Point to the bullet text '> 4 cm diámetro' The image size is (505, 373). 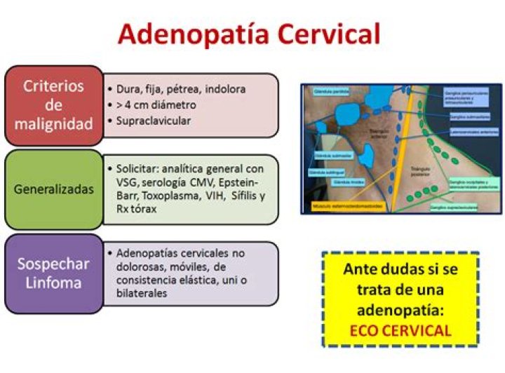coord(156,105)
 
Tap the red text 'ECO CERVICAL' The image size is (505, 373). coord(400,330)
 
